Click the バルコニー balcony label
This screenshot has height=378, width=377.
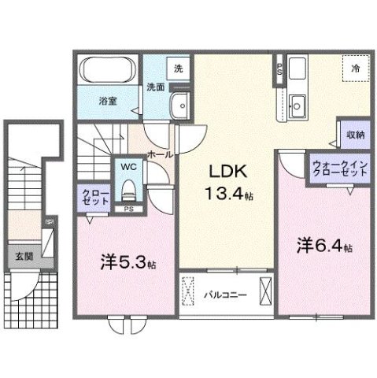[226, 296]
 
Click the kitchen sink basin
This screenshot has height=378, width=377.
[298, 103]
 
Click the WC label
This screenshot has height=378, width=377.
[128, 167]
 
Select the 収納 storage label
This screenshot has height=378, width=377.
[355, 135]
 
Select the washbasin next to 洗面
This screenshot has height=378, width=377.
[182, 103]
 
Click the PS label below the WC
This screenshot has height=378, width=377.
[128, 209]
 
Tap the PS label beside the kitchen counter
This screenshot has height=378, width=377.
[279, 69]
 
